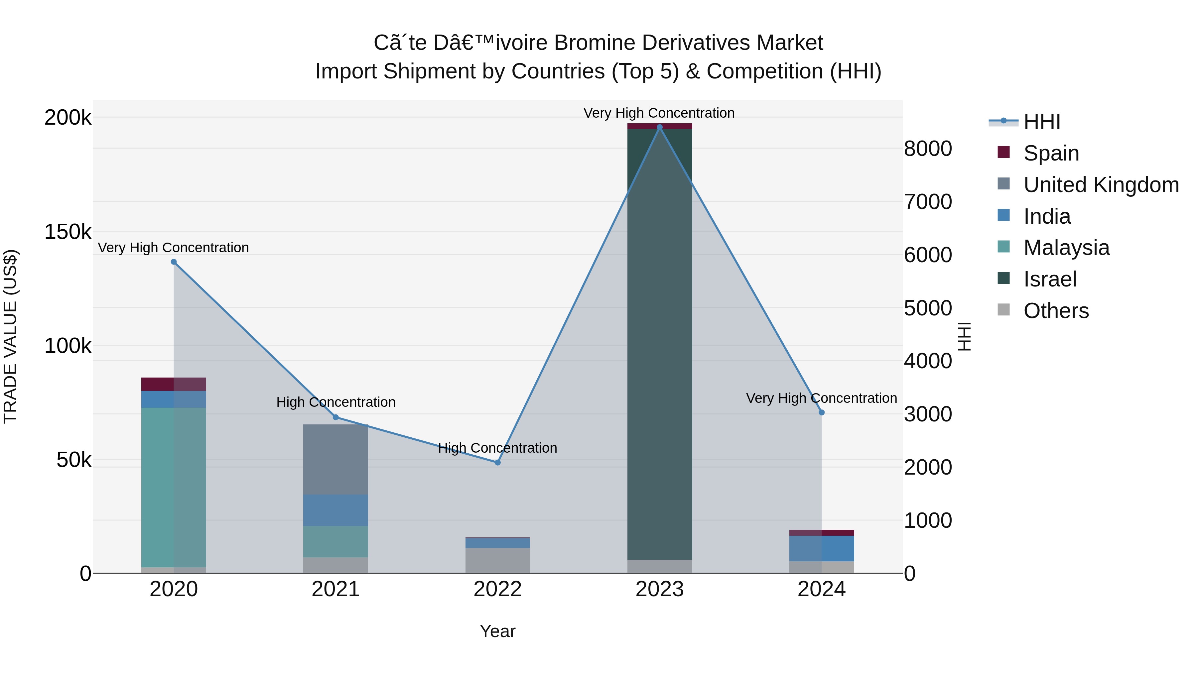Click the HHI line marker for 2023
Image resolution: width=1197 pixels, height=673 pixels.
[659, 127]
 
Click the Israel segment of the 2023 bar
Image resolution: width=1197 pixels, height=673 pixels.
[659, 344]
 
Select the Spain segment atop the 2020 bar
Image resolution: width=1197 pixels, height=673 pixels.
[173, 384]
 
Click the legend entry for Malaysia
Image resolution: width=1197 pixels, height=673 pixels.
[1066, 248]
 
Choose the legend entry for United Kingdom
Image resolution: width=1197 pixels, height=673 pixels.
[1100, 185]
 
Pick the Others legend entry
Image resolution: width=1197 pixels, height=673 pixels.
[1056, 311]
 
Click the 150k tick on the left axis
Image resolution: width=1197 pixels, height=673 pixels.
[68, 232]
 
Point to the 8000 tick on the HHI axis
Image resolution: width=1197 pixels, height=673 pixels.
[927, 149]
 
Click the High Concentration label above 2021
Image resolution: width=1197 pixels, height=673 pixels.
[335, 402]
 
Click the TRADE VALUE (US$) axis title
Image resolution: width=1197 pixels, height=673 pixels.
[10, 336]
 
